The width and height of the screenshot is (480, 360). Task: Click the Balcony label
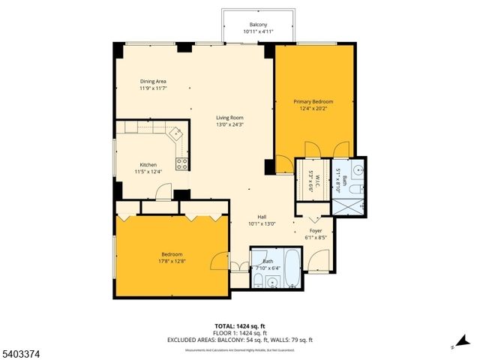[x=258, y=25]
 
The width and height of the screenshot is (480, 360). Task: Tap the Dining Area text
[x=152, y=81]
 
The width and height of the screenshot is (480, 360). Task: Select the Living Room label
[x=229, y=118]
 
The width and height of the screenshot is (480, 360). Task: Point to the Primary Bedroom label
[x=313, y=101]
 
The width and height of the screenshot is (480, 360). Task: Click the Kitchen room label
[x=148, y=165]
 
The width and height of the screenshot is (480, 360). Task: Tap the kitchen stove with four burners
[x=181, y=163]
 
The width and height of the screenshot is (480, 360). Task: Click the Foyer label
[x=316, y=231]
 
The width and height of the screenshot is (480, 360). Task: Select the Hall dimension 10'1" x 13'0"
[x=262, y=223]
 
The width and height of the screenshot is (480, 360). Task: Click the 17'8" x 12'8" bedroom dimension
[x=172, y=261]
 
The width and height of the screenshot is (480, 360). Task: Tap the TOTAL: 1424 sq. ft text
[x=240, y=325]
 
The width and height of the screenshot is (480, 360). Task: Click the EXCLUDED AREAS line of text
[x=240, y=340]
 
